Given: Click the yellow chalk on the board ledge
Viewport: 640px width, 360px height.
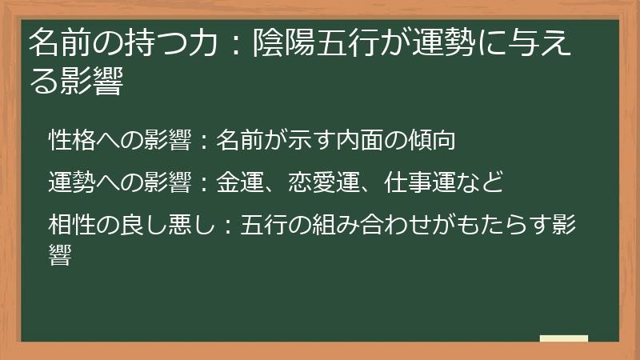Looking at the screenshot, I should coord(563,338).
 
